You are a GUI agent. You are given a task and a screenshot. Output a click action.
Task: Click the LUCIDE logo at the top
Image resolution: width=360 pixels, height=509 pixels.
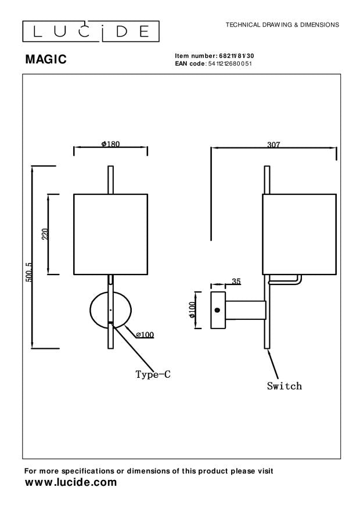tap(90, 31)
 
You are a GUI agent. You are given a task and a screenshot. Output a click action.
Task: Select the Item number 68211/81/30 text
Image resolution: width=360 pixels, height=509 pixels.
tap(214, 55)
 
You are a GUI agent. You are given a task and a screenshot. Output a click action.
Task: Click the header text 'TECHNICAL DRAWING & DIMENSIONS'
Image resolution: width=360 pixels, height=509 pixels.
tap(282, 26)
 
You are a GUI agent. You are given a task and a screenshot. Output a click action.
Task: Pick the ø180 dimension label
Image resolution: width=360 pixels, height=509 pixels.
tap(110, 144)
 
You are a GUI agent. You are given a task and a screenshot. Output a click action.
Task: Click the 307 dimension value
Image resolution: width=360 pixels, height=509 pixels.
tap(274, 145)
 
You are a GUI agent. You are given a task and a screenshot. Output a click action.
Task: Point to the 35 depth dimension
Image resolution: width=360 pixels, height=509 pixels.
tap(236, 281)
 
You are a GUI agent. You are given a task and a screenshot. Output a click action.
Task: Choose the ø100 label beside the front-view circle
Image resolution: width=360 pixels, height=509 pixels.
tap(145, 334)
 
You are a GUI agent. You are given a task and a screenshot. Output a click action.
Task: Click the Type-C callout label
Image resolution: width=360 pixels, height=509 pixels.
tap(153, 375)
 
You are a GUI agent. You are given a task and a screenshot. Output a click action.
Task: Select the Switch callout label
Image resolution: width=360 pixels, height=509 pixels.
tap(285, 386)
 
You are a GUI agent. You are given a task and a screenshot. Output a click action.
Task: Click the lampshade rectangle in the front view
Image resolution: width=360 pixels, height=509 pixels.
tap(110, 234)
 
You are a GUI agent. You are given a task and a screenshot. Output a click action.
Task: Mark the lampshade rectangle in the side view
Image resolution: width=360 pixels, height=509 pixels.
tap(299, 234)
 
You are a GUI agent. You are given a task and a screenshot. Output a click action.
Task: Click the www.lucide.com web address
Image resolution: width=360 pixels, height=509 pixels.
tap(70, 483)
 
